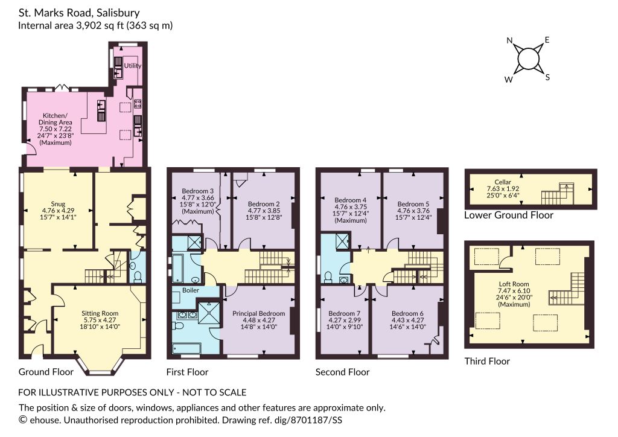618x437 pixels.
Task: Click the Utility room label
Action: pos(133,66)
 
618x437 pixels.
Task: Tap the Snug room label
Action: pos(58,204)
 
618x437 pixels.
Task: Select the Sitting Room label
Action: pos(100,313)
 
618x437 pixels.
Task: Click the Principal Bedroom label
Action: pos(258,313)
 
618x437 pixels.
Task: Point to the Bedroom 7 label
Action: pos(345,313)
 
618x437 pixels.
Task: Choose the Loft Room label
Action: pos(514,284)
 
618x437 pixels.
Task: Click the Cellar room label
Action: pos(503,182)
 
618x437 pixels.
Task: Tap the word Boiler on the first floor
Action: pos(191,290)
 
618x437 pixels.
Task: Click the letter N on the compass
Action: pos(509,40)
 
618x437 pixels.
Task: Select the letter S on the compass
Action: pos(547,77)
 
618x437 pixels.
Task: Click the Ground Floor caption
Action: pos(46,372)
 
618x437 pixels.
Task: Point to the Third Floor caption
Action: pos(487,362)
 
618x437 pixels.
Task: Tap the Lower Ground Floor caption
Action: pos(508,215)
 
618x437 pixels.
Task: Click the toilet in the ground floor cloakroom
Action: pos(138,278)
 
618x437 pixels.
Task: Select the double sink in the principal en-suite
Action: pos(188,315)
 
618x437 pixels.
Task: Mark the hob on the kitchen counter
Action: pos(138,104)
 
